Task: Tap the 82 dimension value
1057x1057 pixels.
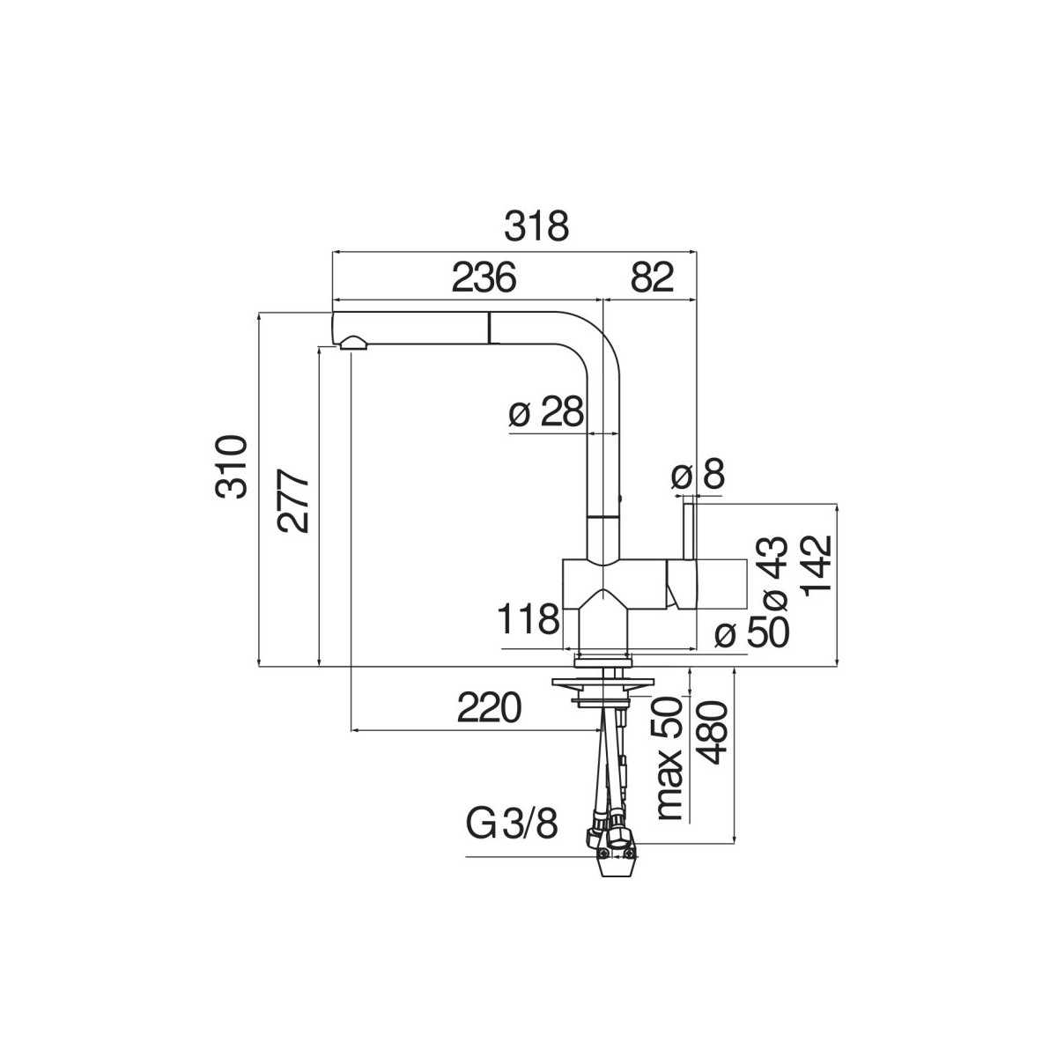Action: click(x=652, y=277)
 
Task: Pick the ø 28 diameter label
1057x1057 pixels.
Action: click(x=546, y=412)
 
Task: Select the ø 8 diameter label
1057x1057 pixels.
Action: click(x=698, y=477)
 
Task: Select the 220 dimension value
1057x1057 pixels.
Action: click(x=490, y=707)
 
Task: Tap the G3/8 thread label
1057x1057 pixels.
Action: click(x=512, y=827)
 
